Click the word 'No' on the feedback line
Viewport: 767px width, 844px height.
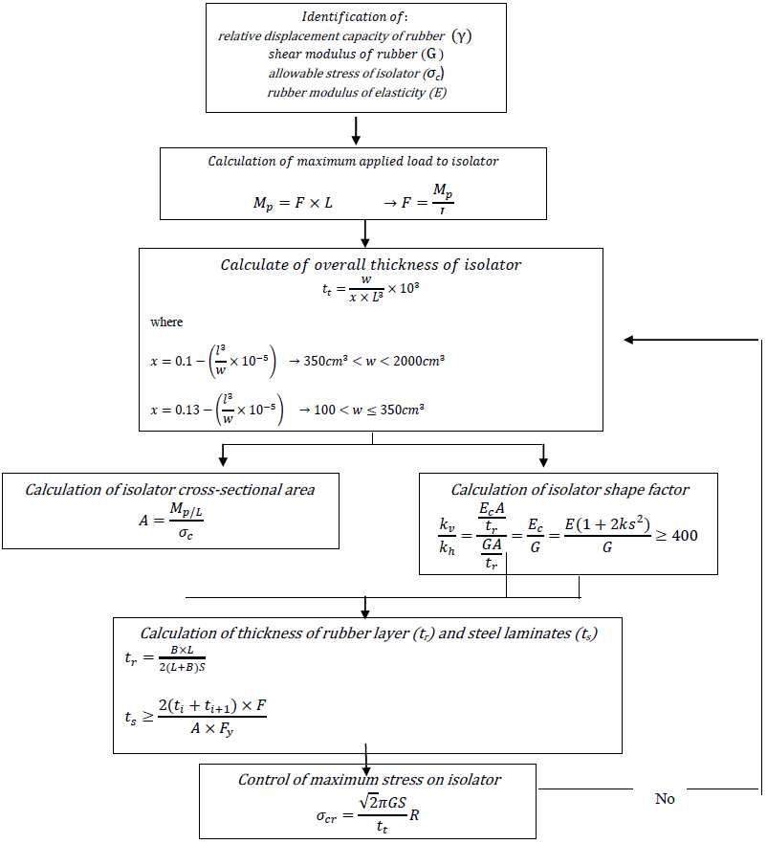[665, 798]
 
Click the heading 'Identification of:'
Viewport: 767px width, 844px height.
[354, 17]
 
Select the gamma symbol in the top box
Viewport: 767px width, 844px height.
[463, 35]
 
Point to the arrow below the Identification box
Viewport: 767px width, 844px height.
[356, 129]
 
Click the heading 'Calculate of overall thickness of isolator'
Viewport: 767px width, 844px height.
[371, 265]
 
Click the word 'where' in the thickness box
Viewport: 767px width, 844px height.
[166, 322]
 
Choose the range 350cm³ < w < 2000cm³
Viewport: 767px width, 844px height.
[375, 361]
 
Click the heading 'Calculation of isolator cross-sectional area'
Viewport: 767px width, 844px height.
[170, 489]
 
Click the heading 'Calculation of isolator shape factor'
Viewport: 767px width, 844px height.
[570, 489]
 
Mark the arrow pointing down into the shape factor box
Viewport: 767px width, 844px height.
[543, 453]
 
